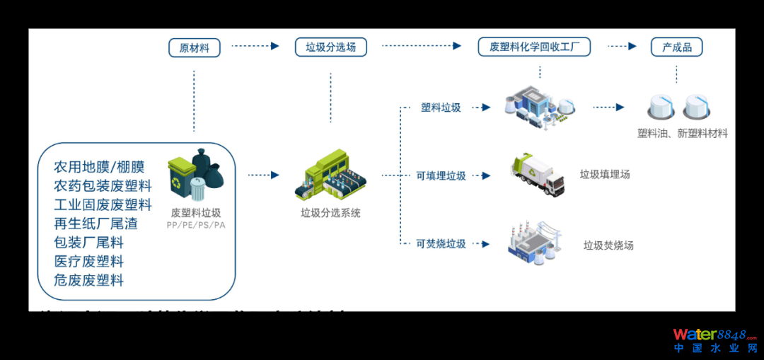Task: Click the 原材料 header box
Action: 195,47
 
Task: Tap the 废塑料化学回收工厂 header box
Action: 534,47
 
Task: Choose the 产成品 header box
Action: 676,47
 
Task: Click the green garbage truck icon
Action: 538,174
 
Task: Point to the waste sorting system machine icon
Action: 330,175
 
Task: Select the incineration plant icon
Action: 534,243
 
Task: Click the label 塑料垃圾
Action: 441,108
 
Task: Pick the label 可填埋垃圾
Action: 441,175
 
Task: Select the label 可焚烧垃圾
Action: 441,243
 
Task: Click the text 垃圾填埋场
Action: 605,174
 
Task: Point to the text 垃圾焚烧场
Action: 608,245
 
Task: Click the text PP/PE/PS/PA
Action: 196,225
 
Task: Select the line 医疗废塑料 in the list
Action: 89,261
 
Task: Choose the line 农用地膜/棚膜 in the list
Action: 99,167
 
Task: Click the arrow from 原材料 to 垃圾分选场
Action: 255,47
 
